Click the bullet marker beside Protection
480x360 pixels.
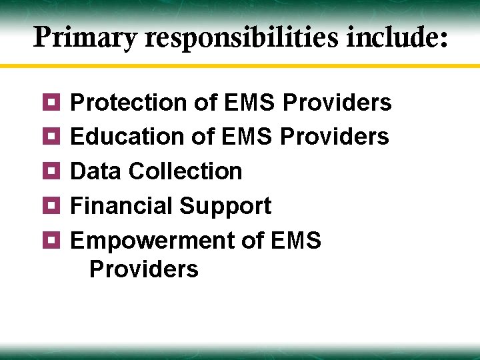(x=54, y=102)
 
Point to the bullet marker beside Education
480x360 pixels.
(x=54, y=136)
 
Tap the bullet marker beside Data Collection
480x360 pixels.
(x=54, y=171)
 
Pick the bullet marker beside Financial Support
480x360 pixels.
(x=54, y=205)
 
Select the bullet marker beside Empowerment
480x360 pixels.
(x=54, y=240)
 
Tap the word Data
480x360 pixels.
(x=95, y=171)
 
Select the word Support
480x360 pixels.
(x=225, y=207)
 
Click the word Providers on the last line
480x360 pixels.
(x=143, y=269)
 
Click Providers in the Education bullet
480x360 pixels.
(x=335, y=137)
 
